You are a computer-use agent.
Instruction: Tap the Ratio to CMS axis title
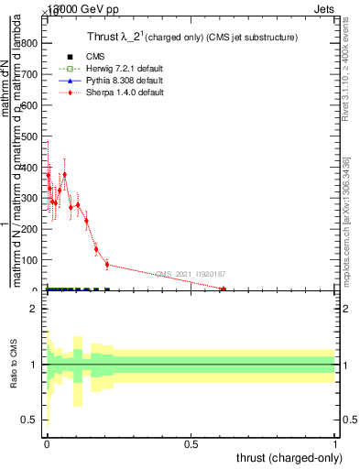(x=14, y=364)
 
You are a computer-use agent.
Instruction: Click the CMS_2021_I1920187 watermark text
(x=190, y=274)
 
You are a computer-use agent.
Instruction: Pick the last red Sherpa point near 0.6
(x=223, y=289)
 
